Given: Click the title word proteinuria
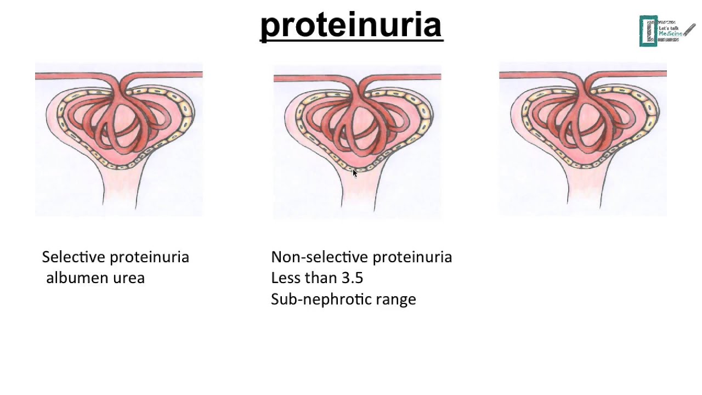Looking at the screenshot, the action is point(351,25).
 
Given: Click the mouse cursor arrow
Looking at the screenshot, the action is point(354,173).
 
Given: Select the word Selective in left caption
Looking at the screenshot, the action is point(73,257).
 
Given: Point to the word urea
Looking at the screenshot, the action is point(131,278).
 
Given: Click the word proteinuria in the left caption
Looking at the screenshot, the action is point(150,257).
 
